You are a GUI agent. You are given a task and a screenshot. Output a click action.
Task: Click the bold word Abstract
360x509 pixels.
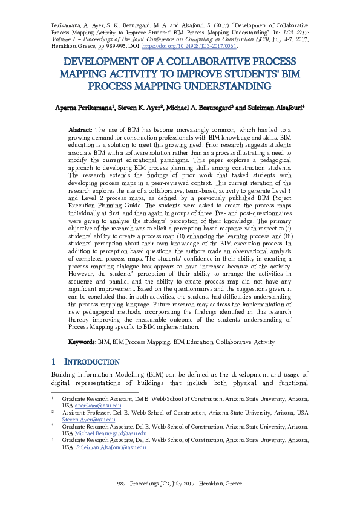[80, 129]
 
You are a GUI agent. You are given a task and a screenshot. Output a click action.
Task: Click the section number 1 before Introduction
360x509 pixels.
[54, 361]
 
